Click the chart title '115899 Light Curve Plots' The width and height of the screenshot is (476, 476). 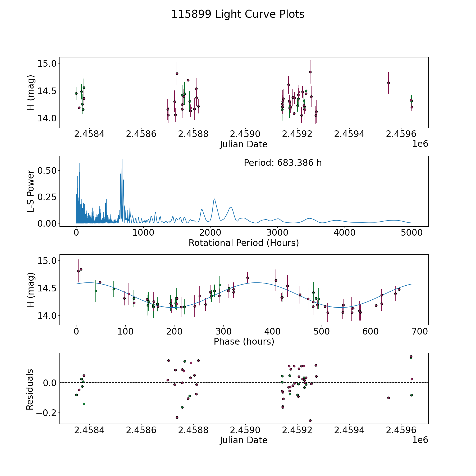coord(238,14)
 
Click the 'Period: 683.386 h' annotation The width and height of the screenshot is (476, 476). coord(283,163)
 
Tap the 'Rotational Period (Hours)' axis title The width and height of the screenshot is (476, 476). coord(244,243)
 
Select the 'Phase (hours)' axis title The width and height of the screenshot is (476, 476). coord(244,341)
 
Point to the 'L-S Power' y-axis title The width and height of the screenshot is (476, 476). coord(31,191)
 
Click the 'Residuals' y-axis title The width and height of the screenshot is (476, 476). coord(30,389)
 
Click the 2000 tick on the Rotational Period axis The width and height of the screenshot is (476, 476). coord(210,233)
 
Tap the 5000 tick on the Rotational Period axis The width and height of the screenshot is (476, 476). coord(411,233)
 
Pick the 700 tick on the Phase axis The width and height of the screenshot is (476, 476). coord(419,332)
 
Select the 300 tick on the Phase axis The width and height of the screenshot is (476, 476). coord(223,332)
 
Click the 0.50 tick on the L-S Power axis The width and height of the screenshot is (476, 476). coord(47,171)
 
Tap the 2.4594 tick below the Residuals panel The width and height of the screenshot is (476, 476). coord(349,430)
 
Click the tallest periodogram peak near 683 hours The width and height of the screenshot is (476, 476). coord(122,159)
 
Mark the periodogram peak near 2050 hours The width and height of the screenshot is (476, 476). coord(214,199)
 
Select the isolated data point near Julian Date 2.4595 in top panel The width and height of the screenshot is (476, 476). coord(388,83)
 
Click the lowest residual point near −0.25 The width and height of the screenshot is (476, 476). coord(310,420)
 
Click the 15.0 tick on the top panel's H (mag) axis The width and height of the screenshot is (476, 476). coord(47,64)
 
